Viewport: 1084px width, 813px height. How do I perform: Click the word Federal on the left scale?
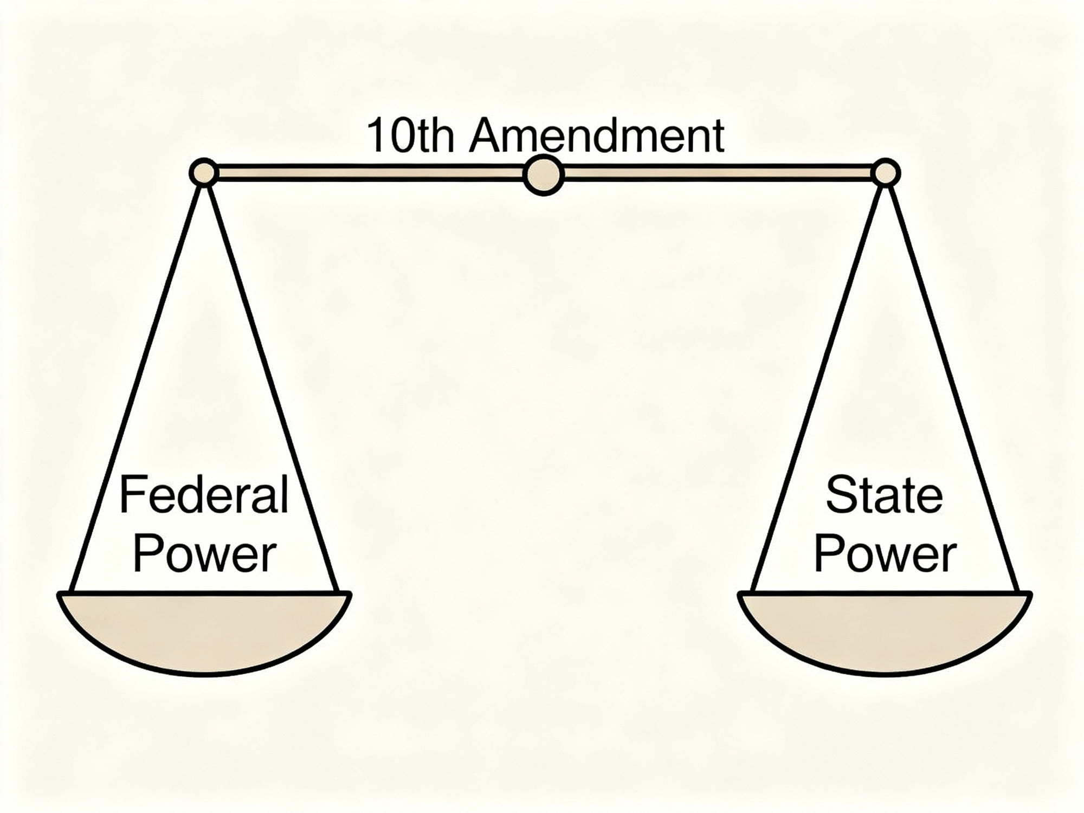pyautogui.click(x=204, y=495)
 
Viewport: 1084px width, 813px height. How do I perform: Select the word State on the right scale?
pyautogui.click(x=884, y=495)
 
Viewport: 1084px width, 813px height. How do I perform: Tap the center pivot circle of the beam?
pyautogui.click(x=544, y=175)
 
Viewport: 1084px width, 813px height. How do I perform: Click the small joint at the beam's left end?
pyautogui.click(x=204, y=173)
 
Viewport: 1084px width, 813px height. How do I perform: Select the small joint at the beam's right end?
pyautogui.click(x=886, y=173)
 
